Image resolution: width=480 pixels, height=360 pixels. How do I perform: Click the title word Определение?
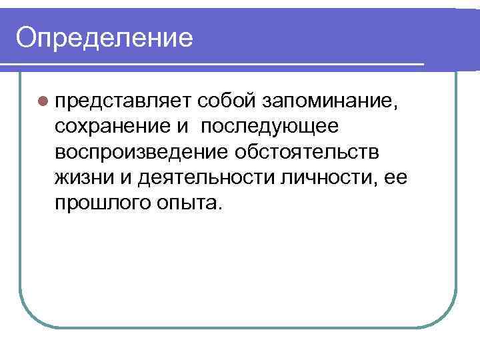[105, 37]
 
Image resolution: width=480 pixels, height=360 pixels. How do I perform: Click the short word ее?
[394, 177]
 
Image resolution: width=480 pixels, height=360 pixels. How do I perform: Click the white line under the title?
[213, 65]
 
